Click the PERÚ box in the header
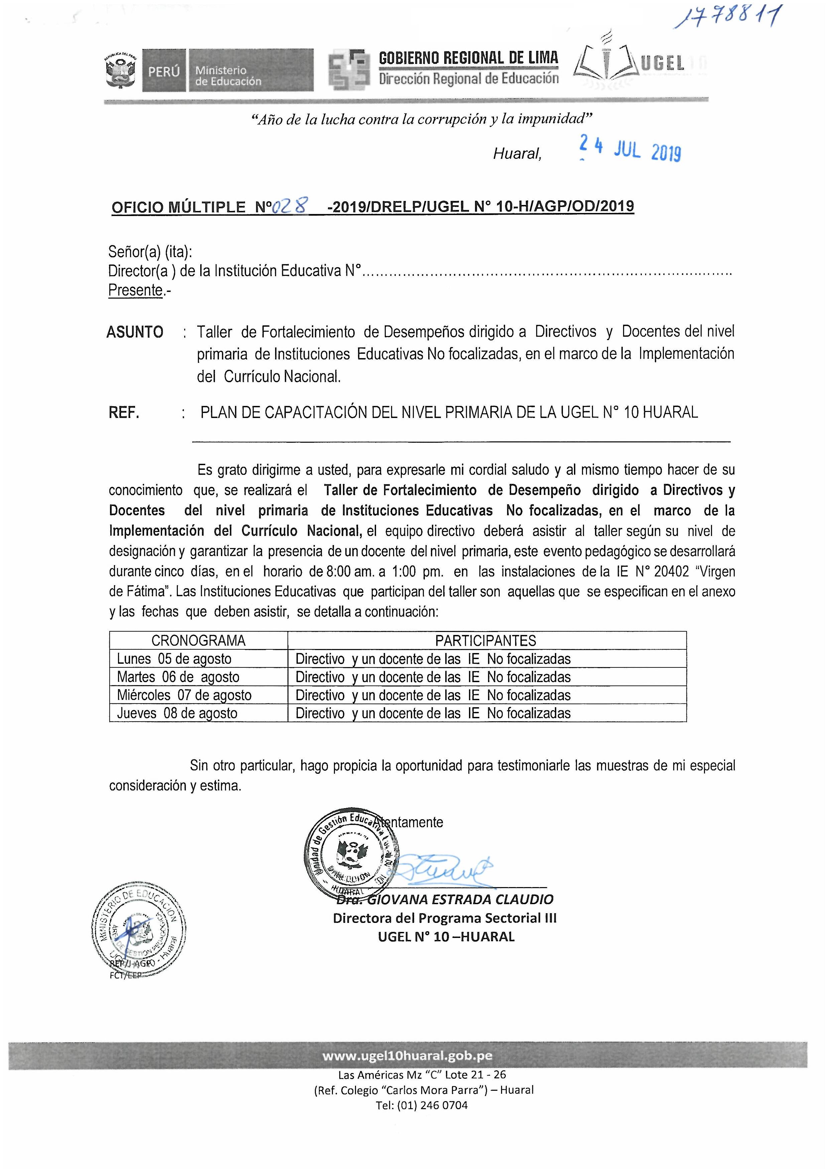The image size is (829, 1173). [164, 71]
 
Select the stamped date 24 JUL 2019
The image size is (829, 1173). [630, 149]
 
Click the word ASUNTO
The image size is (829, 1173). [135, 332]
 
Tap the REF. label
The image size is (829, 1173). [124, 412]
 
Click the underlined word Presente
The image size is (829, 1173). [135, 290]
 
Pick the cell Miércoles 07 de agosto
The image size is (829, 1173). [185, 695]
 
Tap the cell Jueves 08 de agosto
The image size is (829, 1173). [177, 713]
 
